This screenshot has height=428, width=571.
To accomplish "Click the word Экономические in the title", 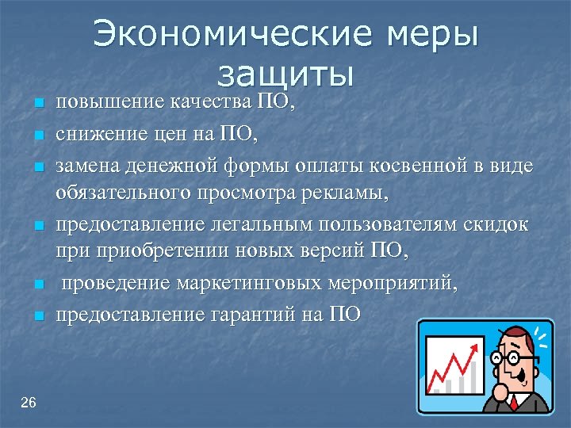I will coord(229,36).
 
